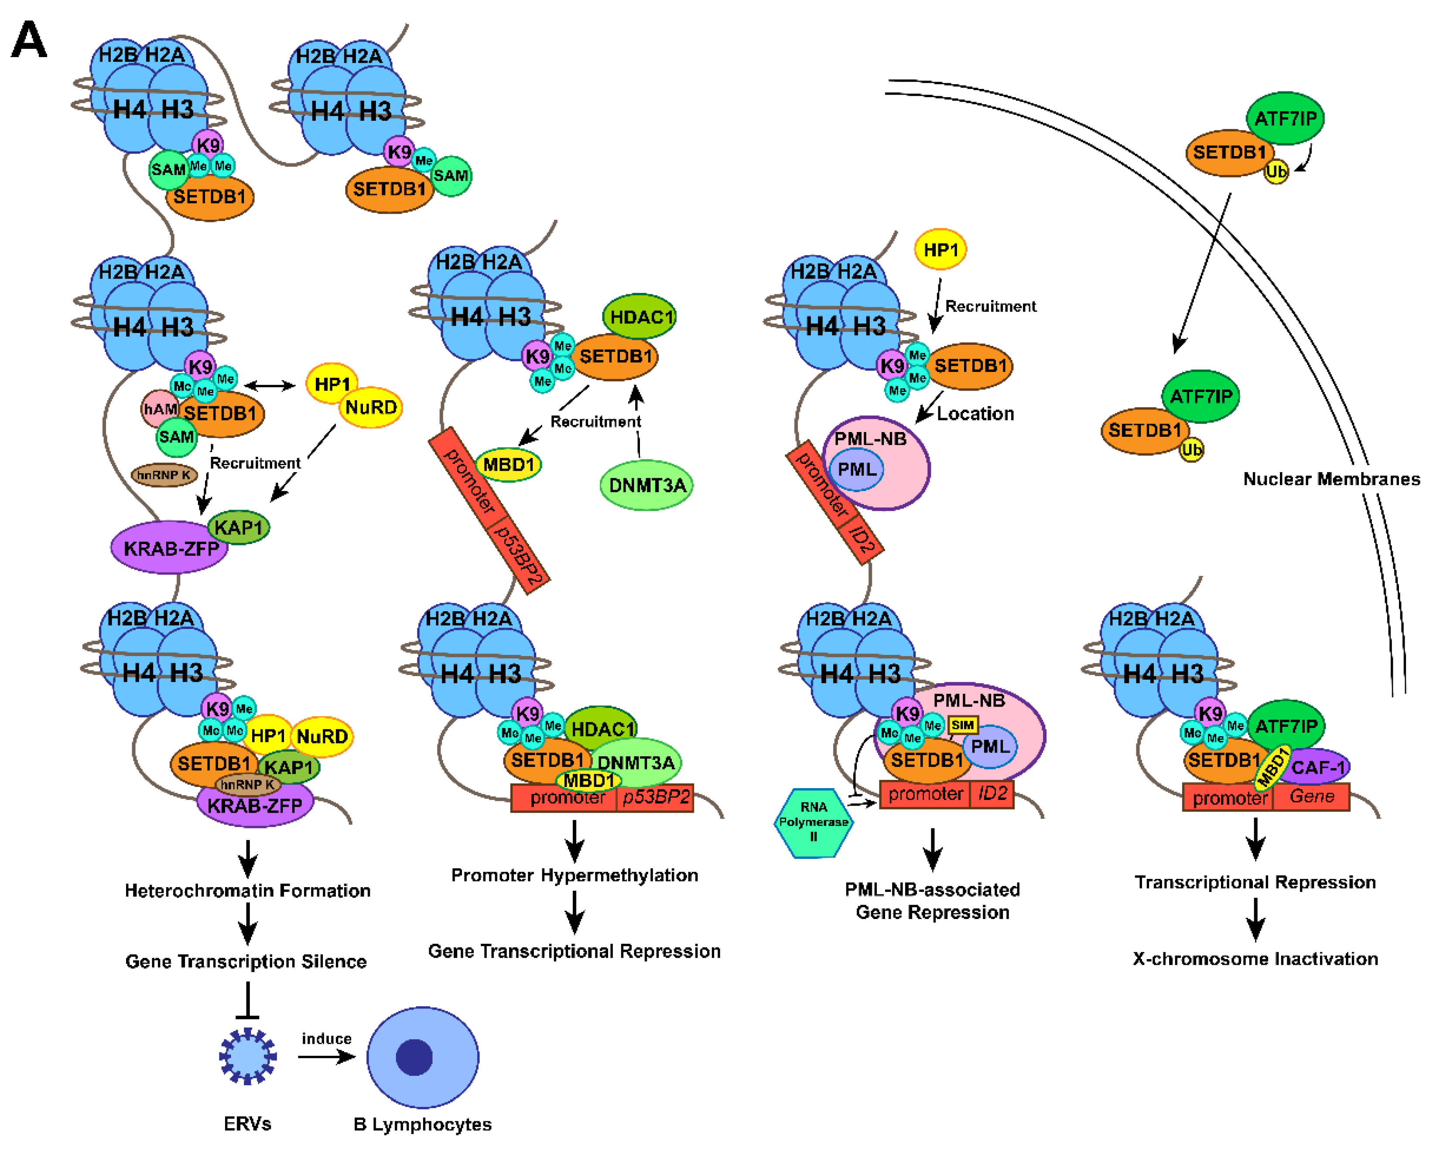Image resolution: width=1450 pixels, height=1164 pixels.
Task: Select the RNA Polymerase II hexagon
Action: [813, 823]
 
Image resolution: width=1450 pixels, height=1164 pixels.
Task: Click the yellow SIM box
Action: [962, 725]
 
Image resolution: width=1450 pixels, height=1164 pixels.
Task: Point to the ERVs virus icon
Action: [247, 1056]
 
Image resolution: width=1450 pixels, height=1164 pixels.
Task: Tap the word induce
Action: [326, 1039]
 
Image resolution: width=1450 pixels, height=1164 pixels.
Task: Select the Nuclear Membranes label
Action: [1331, 479]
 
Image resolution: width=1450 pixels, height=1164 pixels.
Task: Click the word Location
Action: [975, 414]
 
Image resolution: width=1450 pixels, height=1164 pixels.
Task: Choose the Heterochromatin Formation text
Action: [247, 891]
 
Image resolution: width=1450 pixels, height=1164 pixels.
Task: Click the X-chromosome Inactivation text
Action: [1255, 959]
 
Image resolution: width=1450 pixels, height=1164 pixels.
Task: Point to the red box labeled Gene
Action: [1311, 797]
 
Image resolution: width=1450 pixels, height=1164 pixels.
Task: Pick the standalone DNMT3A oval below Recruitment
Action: [646, 485]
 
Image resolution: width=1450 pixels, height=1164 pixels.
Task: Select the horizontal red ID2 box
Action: [992, 794]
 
